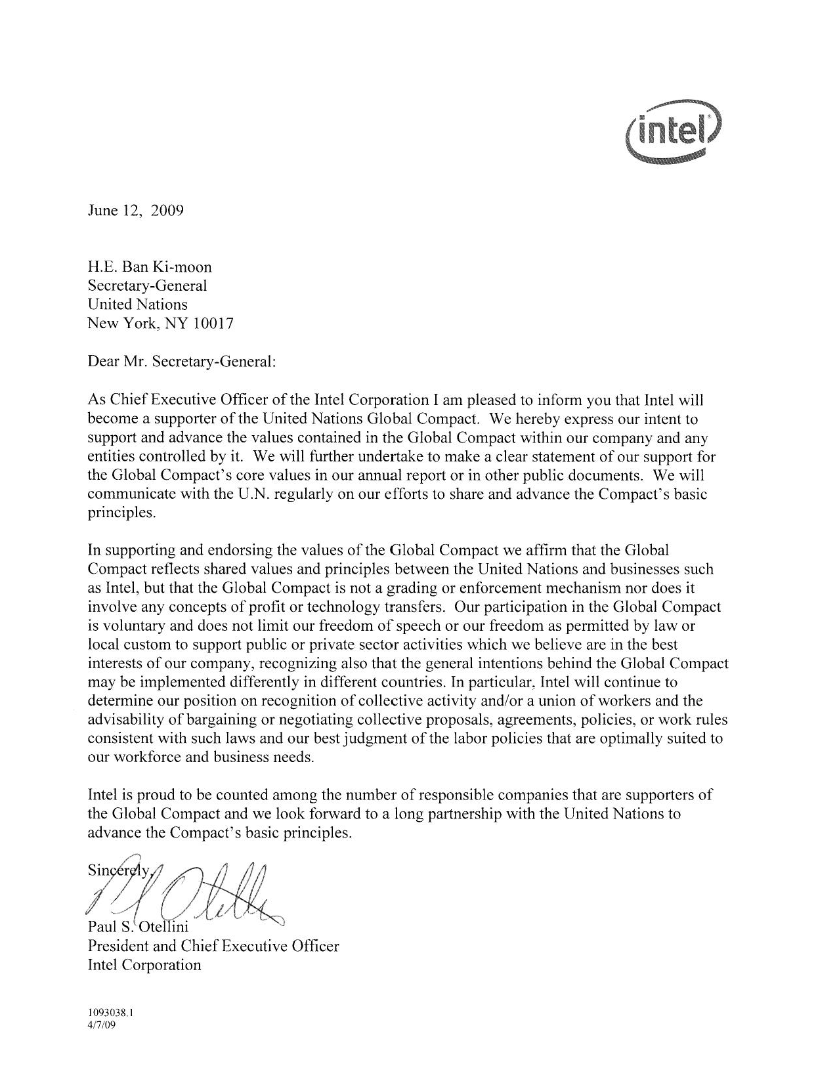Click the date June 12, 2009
tap(136, 211)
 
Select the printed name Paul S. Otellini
tap(138, 927)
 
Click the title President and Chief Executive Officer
tap(213, 946)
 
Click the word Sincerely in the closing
tap(118, 872)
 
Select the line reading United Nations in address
tap(138, 305)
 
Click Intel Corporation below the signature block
tap(144, 965)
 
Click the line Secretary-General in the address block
tap(148, 286)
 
